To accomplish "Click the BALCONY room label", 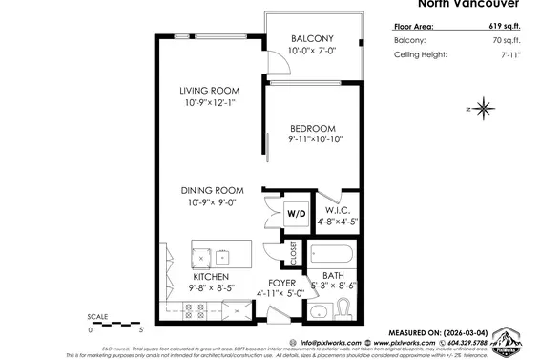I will [312, 39].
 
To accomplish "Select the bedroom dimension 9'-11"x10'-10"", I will [314, 139].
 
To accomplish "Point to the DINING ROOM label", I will [212, 190].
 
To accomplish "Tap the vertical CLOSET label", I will [294, 252].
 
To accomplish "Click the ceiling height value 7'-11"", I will [511, 55].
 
